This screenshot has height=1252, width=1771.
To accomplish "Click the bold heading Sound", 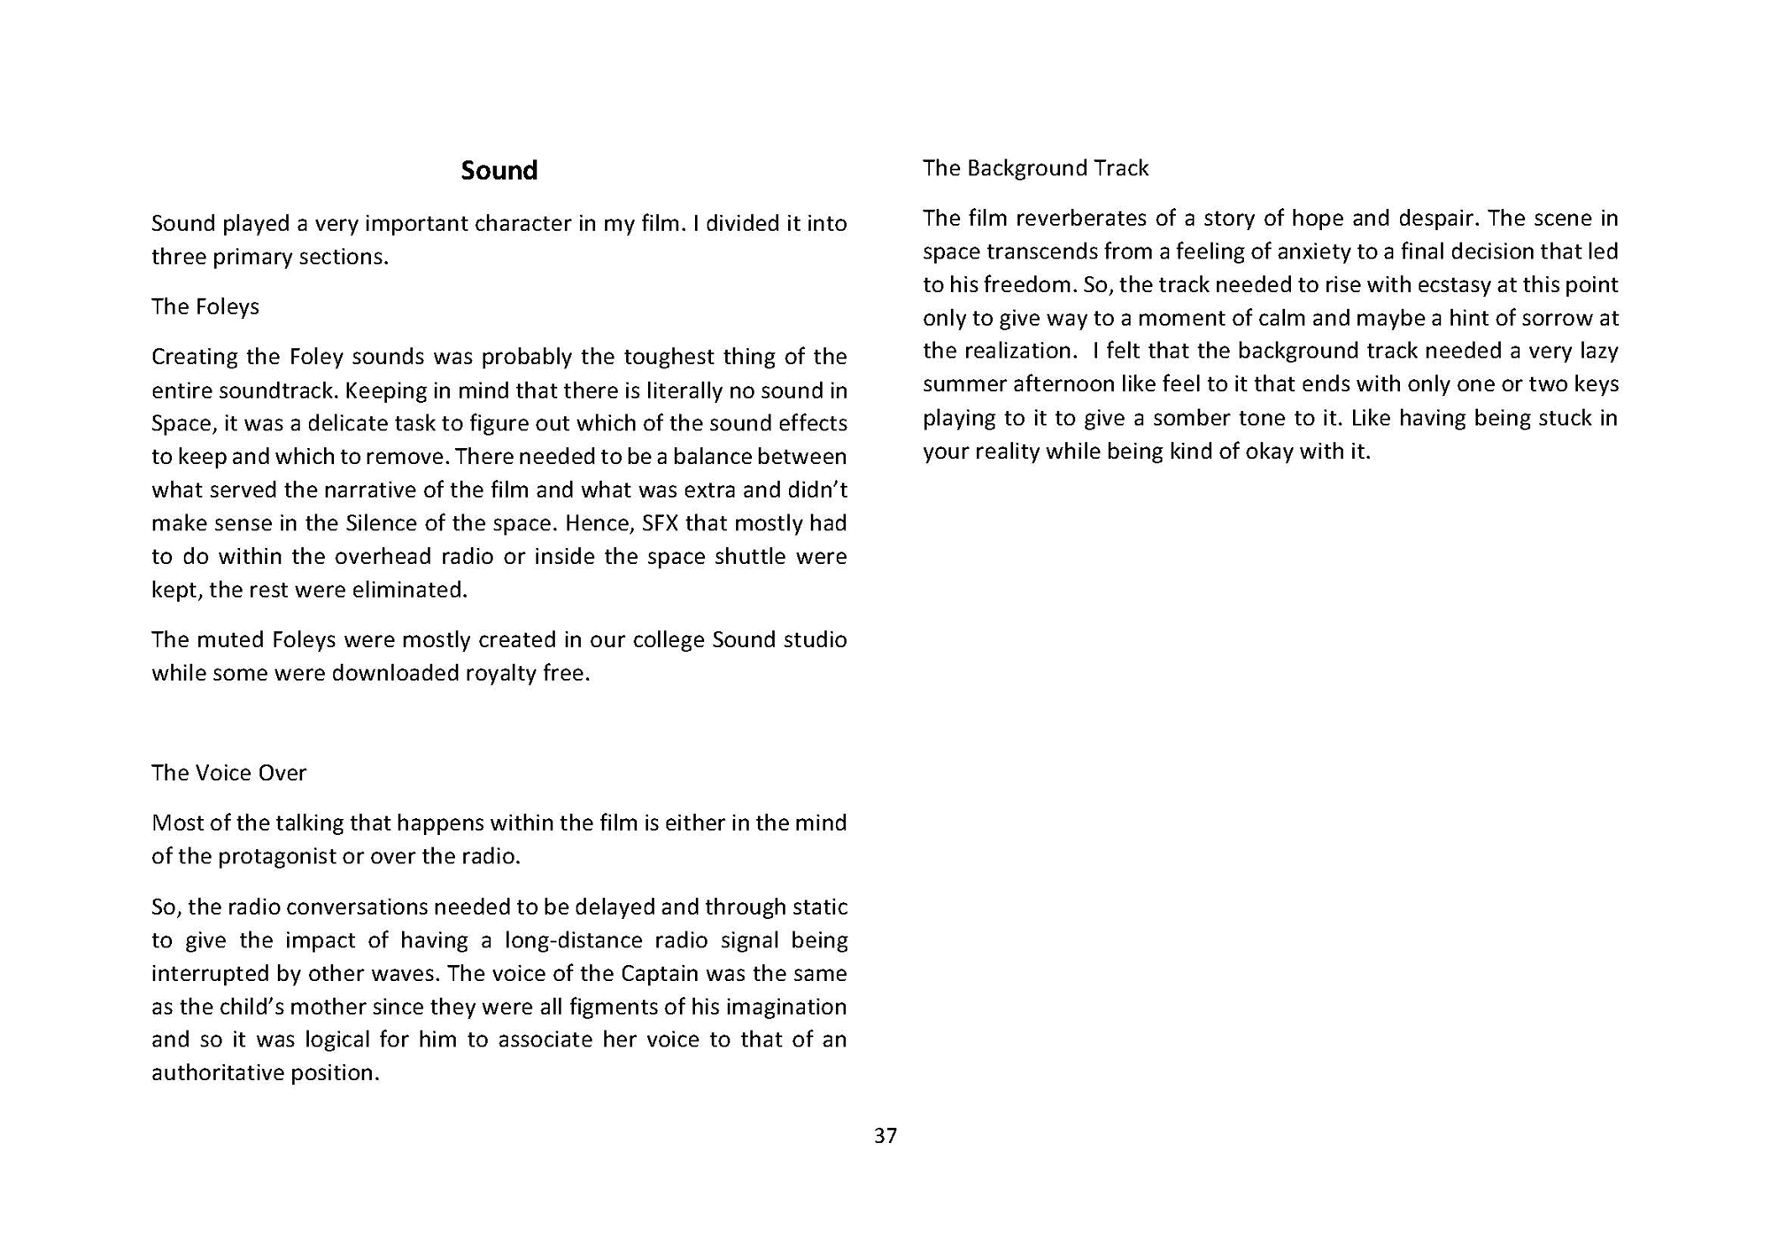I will tap(499, 170).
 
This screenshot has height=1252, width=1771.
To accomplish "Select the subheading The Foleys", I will tap(205, 306).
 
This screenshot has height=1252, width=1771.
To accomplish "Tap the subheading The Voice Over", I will tap(228, 773).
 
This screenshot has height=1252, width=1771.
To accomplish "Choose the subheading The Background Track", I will tap(1035, 168).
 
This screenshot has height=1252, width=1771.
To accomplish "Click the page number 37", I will tap(885, 1136).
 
